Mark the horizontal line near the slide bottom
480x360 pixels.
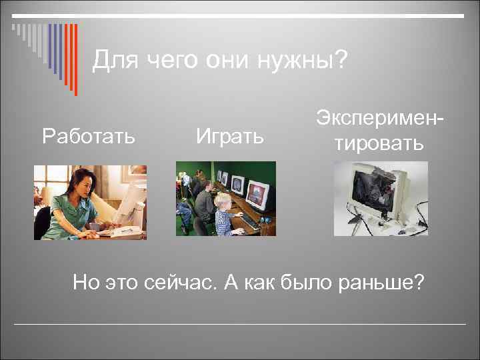click(240, 324)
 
